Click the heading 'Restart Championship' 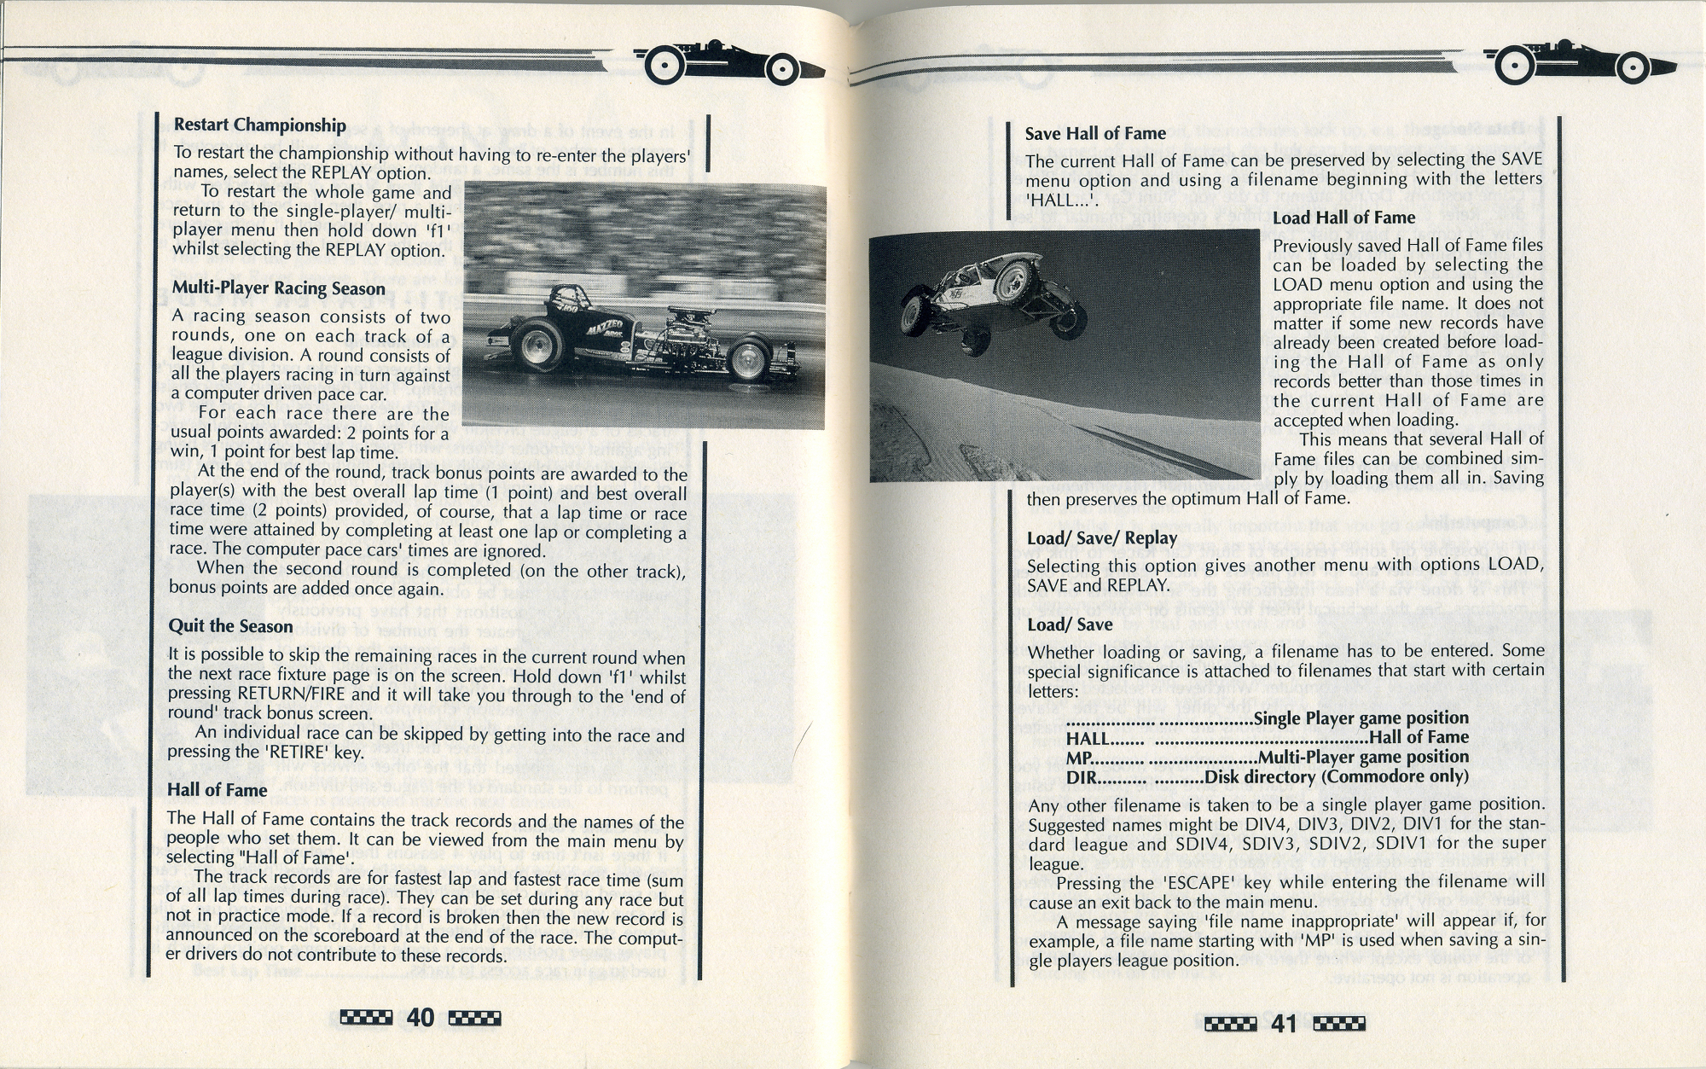[x=259, y=125]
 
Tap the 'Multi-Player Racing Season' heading [x=278, y=288]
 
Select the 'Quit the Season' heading [x=230, y=626]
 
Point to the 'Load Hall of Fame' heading [x=1343, y=218]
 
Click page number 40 [x=421, y=1017]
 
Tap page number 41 [x=1284, y=1023]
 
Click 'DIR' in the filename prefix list [x=1081, y=777]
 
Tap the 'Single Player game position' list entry [x=1361, y=718]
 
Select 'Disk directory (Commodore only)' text [x=1336, y=777]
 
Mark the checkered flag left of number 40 [x=366, y=1017]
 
